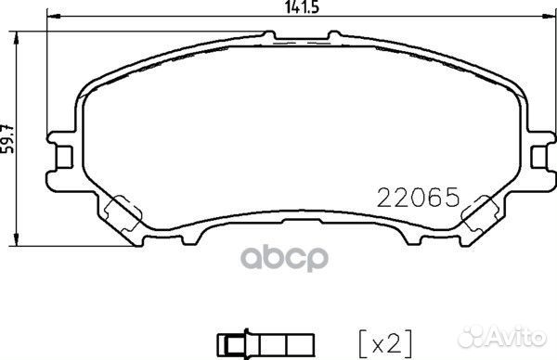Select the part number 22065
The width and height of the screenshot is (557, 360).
coord(417,198)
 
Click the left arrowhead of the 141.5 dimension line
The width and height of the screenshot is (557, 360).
coord(54,18)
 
